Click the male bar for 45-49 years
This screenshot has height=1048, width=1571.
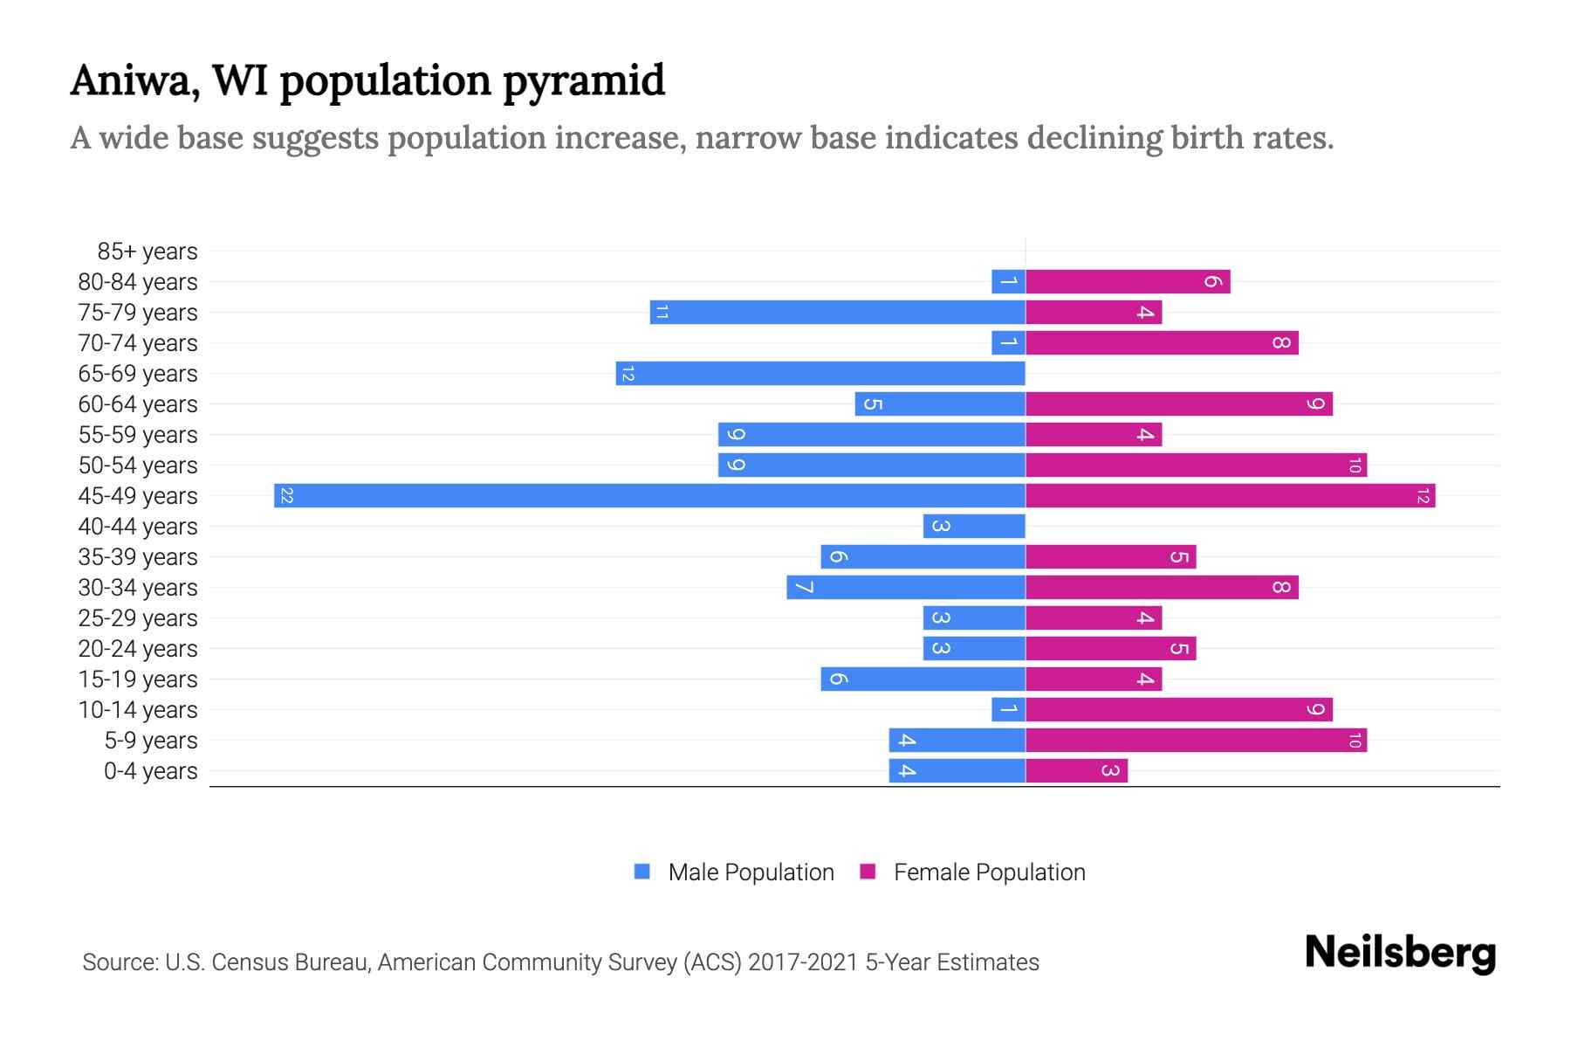[649, 496]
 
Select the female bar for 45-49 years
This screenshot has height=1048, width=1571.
[1230, 496]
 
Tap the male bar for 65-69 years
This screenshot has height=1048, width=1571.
[820, 374]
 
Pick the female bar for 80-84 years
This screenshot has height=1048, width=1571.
[1128, 282]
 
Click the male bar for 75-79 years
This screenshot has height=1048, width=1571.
[838, 313]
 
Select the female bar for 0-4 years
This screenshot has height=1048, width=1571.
[1076, 771]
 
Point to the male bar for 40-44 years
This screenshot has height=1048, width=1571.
[974, 527]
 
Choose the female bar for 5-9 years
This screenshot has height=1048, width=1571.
[1196, 741]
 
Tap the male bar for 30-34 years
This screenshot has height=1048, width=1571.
[906, 588]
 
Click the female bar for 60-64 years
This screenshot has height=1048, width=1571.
[1178, 404]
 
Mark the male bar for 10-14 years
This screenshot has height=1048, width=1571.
[1008, 710]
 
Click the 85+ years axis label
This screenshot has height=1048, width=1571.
[147, 252]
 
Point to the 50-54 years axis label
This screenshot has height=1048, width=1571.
[138, 465]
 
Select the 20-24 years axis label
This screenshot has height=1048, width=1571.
[138, 649]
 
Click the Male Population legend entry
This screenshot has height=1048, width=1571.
[751, 872]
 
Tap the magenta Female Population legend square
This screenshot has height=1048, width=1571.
[868, 872]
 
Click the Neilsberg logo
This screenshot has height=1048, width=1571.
[1400, 953]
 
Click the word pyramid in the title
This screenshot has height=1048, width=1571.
[584, 81]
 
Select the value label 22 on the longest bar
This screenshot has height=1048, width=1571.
[286, 496]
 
